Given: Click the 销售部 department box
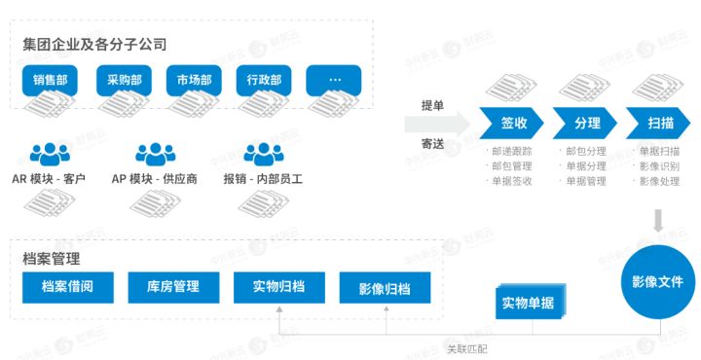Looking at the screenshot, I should [x=50, y=80].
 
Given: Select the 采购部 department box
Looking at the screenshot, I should [x=123, y=80].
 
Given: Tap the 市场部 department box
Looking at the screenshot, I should [x=193, y=80].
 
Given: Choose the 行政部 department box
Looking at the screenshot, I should [x=264, y=80].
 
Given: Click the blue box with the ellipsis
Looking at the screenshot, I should [x=334, y=80].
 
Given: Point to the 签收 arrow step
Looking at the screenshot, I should [x=513, y=123].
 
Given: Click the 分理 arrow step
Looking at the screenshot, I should [x=586, y=123].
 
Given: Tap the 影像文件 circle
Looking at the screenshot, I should [x=658, y=282].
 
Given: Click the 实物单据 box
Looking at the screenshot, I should [x=528, y=303].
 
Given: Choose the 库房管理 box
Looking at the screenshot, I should [x=172, y=288].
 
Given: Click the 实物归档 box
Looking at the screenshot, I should [x=278, y=288].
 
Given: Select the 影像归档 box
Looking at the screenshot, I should [x=384, y=289].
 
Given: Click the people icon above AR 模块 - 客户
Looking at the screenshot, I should [x=50, y=154].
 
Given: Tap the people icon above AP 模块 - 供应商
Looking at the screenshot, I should [x=154, y=154].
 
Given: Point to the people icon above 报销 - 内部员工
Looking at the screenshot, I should [x=262, y=154].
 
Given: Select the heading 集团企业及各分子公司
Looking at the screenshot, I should [x=94, y=44].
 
